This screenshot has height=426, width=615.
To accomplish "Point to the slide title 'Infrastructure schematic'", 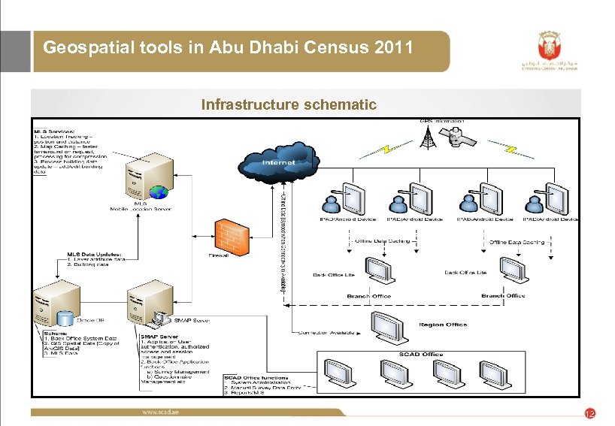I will point(289,104).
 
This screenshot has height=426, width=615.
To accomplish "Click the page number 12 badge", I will point(590,414).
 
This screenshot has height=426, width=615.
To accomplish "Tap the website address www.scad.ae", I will point(161,412).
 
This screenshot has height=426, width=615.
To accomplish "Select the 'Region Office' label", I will point(443,325).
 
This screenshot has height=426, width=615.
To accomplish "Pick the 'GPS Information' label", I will point(442,120).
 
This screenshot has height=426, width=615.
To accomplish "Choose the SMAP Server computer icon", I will point(147,305).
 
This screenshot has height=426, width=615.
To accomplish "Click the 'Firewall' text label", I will point(220,255).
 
